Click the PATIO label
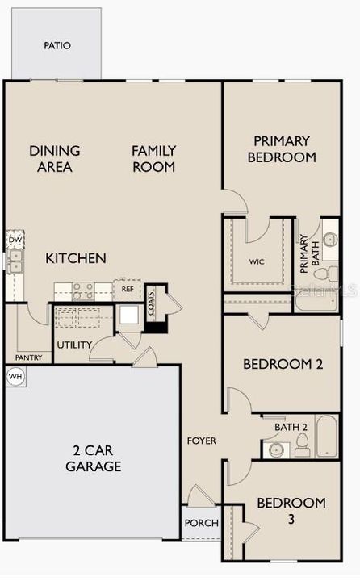pyautogui.click(x=57, y=46)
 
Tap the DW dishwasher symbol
pyautogui.click(x=15, y=240)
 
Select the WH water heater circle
pyautogui.click(x=15, y=376)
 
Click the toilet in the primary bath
pyautogui.click(x=329, y=240)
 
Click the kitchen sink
pyautogui.click(x=15, y=261)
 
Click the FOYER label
pyautogui.click(x=201, y=441)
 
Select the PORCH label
pyautogui.click(x=201, y=523)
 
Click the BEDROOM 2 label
pyautogui.click(x=283, y=364)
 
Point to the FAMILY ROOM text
pyautogui.click(x=154, y=158)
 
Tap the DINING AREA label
pyautogui.click(x=55, y=158)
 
